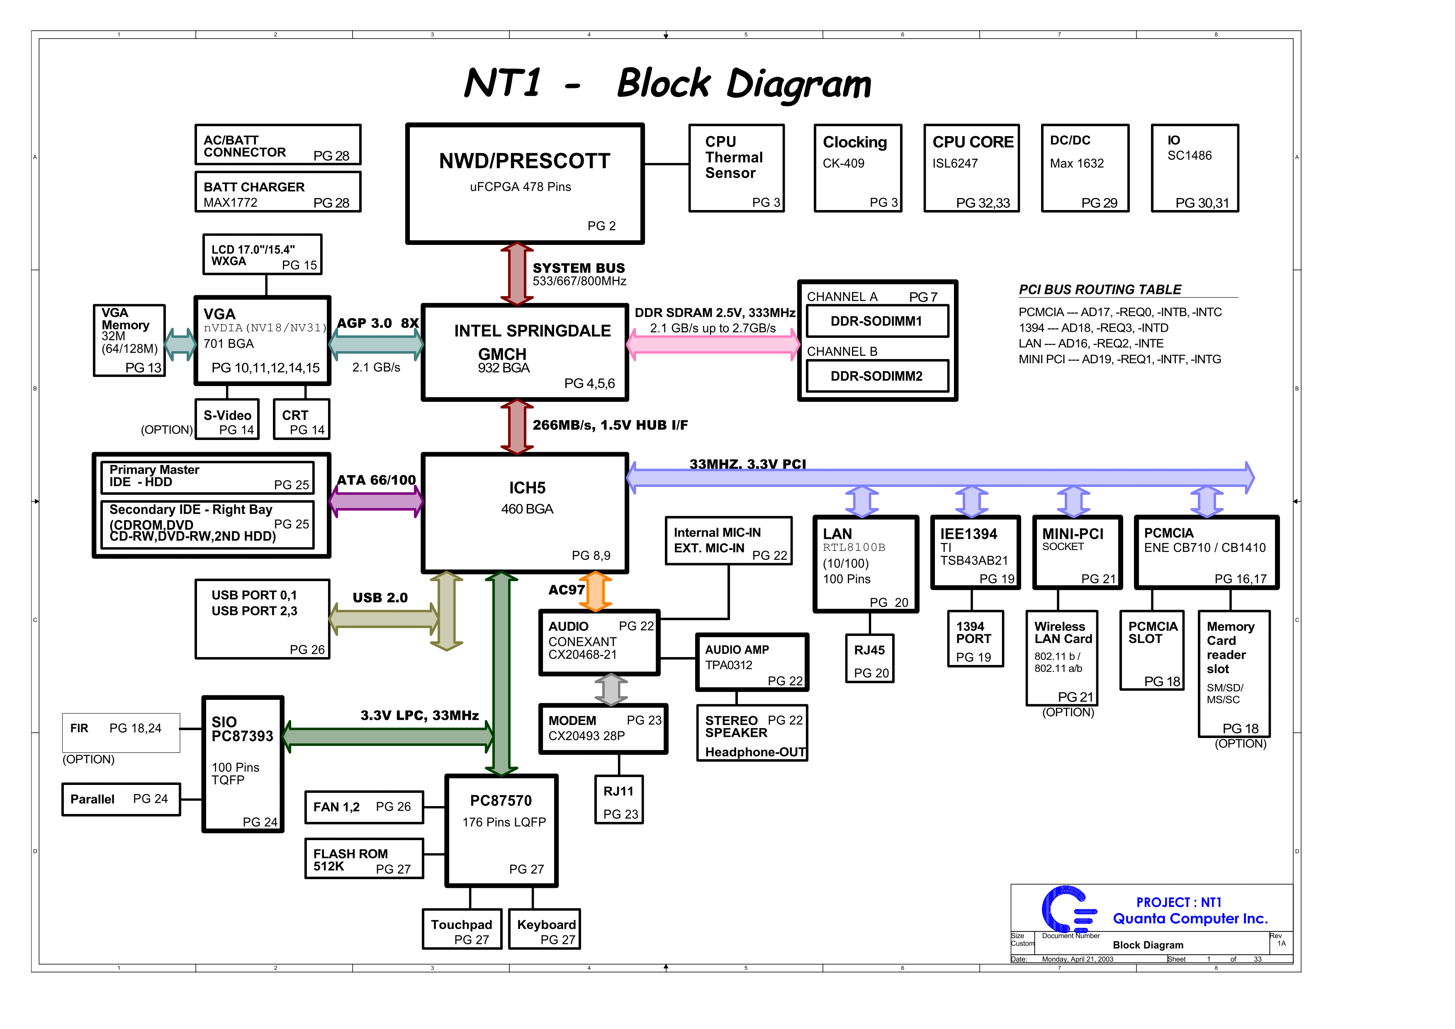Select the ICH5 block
[x=525, y=512]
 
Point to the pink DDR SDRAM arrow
[x=713, y=344]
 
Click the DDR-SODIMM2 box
[x=877, y=376]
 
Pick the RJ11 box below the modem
[x=619, y=800]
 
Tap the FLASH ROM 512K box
[x=364, y=859]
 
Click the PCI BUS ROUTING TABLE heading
[x=1100, y=290]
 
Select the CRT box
[x=302, y=419]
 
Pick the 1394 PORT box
[x=975, y=639]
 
